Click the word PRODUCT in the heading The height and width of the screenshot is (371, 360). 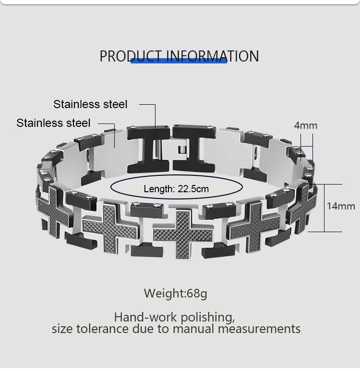pos(131,56)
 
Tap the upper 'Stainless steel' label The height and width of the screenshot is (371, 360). pos(90,104)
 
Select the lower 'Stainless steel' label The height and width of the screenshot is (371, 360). pos(53,123)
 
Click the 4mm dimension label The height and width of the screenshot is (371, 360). pos(306,125)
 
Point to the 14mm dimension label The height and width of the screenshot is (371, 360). pos(341,206)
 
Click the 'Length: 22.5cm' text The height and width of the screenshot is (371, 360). pos(176,189)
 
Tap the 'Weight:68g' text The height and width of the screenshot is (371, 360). pos(176,293)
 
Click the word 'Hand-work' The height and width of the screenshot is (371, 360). pos(143,317)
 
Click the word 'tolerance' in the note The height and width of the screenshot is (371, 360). pos(101,329)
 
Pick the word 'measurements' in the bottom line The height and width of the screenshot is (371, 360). pos(259,329)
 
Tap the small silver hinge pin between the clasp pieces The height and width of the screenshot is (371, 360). pos(182,150)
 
